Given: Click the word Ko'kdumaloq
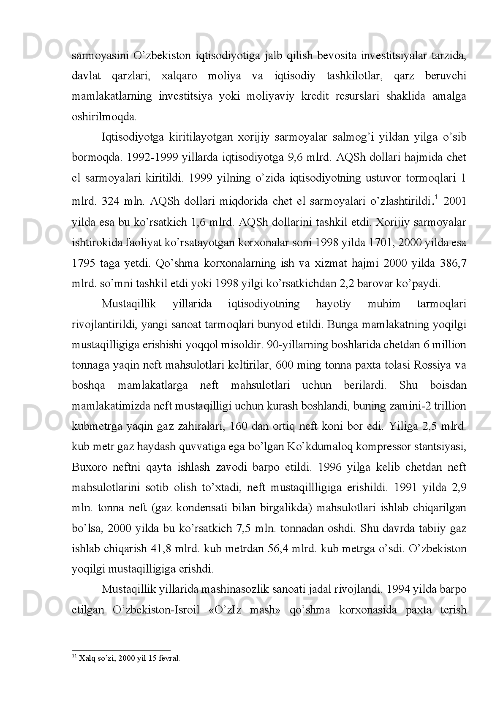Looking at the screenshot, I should pyautogui.click(x=318, y=447).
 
